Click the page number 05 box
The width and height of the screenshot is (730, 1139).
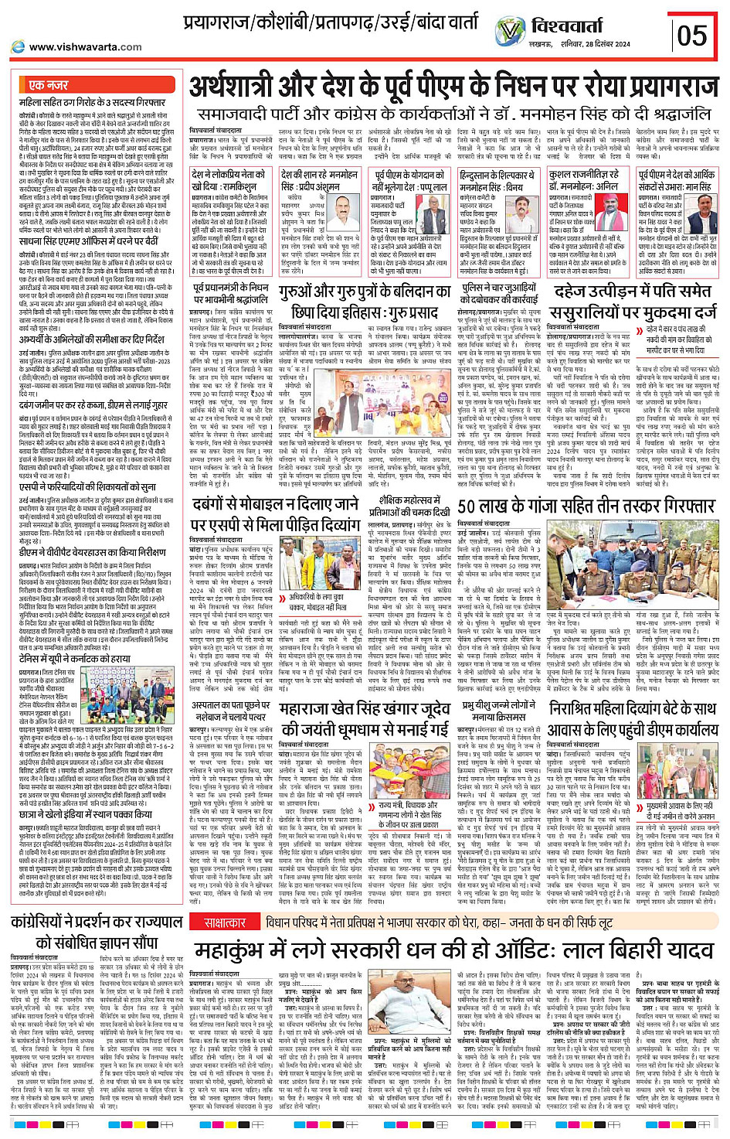691,35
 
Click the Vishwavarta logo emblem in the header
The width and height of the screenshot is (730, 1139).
510,32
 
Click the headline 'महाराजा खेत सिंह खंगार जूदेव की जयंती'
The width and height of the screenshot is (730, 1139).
365,718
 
